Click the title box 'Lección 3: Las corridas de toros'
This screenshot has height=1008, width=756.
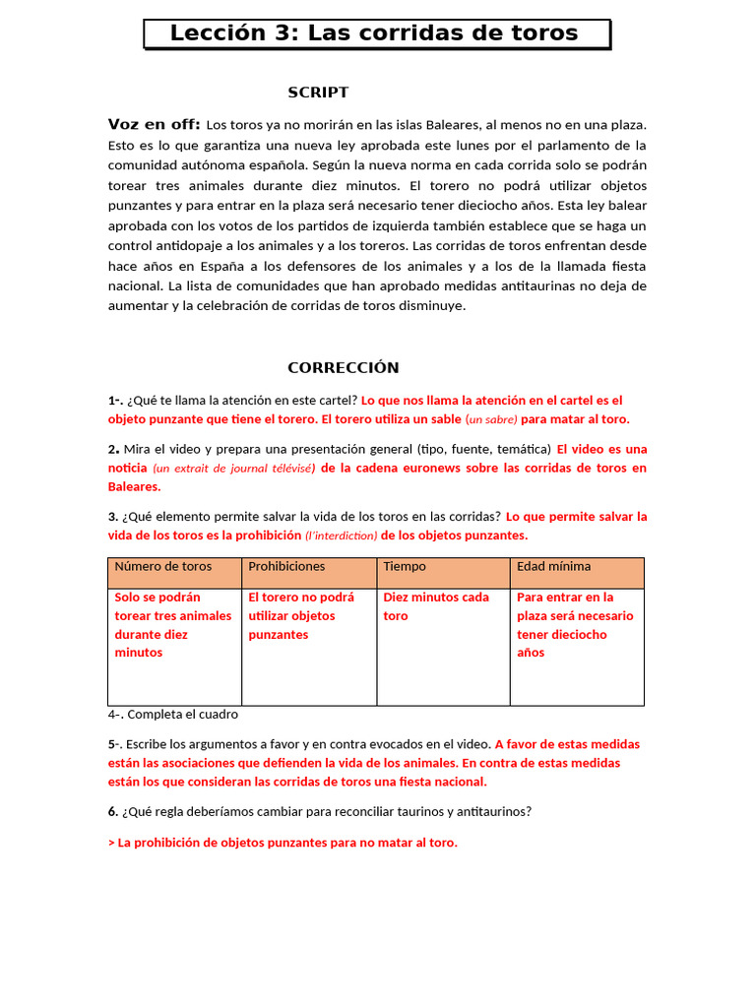(375, 33)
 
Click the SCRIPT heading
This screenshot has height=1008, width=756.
(318, 93)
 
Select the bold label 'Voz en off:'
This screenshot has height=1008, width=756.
(154, 124)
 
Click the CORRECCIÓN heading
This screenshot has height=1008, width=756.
(344, 368)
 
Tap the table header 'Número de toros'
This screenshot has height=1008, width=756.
(163, 567)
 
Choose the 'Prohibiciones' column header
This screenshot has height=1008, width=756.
(286, 567)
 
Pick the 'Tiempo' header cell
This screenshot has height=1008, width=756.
(405, 567)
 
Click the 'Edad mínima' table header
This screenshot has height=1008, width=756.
(554, 567)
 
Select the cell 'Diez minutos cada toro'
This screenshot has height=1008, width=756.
(436, 606)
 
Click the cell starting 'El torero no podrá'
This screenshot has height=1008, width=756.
(301, 616)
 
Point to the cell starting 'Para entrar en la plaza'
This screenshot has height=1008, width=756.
(575, 625)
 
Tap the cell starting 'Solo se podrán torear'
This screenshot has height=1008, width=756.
(173, 625)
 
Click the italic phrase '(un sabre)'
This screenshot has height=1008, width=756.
(491, 419)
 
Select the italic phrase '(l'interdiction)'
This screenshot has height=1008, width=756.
(342, 535)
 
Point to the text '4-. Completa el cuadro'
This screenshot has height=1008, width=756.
(173, 715)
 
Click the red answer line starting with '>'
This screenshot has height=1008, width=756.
(283, 843)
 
